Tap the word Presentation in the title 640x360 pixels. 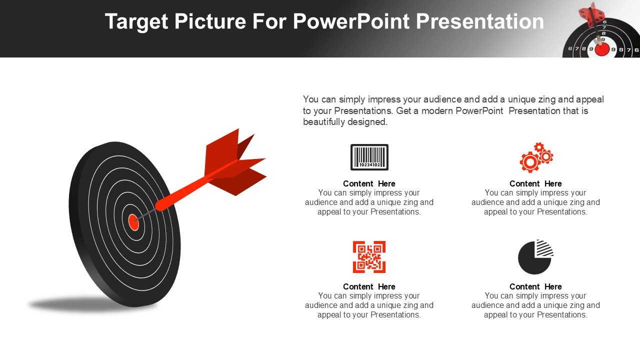(479, 21)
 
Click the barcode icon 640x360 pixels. (369, 157)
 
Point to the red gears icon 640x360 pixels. (536, 157)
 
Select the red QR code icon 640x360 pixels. (369, 257)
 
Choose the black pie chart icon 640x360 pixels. (535, 257)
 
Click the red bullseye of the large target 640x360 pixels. (133, 222)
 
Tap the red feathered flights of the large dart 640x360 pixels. (235, 162)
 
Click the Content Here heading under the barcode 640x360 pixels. (369, 183)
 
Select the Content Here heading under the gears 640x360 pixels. (535, 183)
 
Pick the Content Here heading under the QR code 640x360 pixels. (369, 286)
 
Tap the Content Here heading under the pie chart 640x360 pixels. (535, 286)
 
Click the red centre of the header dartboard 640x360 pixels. (601, 49)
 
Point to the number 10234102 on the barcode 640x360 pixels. (369, 165)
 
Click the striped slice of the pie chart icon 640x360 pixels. (544, 248)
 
